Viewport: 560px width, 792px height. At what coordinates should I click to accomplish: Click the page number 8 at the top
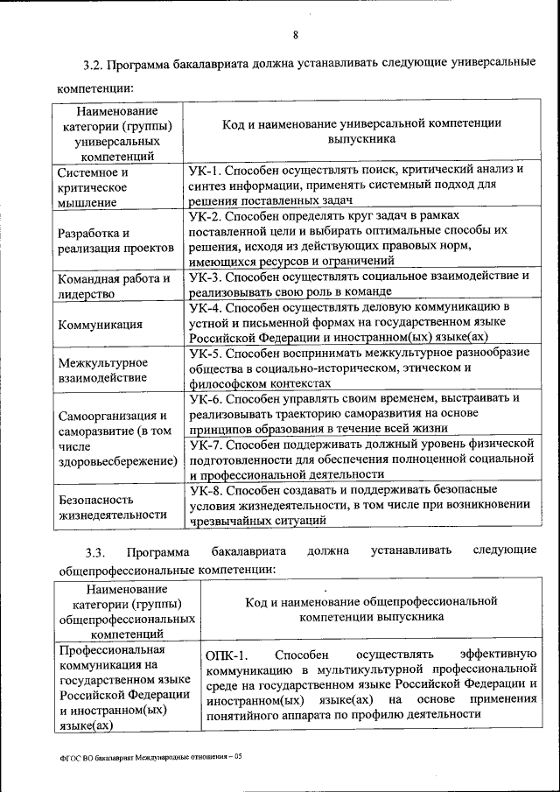(295, 35)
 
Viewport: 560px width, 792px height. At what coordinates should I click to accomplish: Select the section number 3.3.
(95, 551)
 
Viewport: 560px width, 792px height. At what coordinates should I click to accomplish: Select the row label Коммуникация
(101, 325)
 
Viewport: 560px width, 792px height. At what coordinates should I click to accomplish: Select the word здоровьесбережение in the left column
(115, 460)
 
